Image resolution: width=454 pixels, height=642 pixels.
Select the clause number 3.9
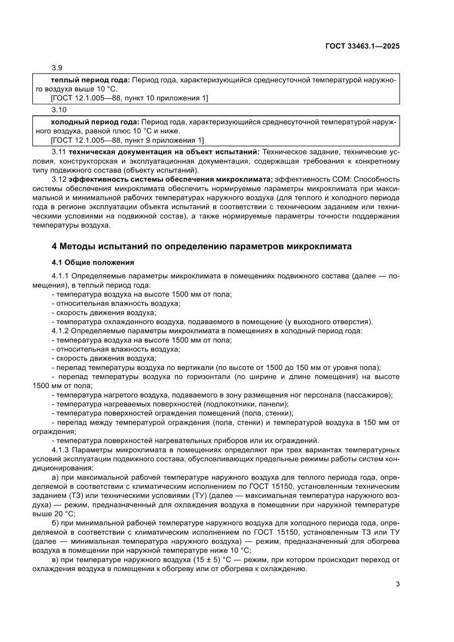(56, 68)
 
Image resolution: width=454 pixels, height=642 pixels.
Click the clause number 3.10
(58, 110)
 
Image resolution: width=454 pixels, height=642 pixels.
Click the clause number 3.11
(58, 151)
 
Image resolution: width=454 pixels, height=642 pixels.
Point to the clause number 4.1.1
(60, 276)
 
